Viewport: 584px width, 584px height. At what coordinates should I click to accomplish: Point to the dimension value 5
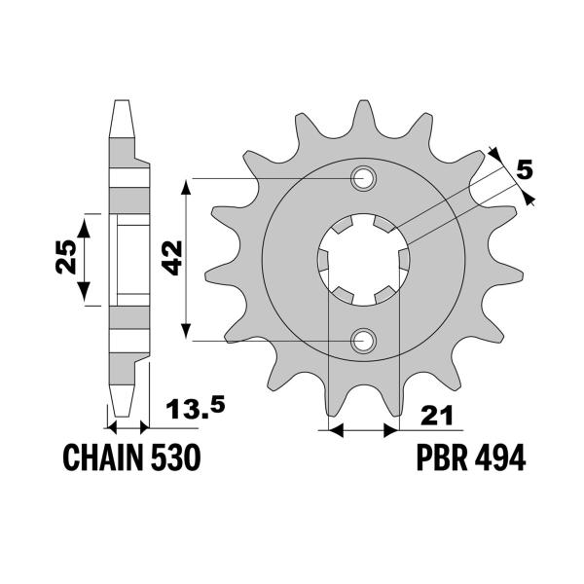(527, 169)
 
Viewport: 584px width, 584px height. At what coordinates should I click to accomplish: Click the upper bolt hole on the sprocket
(365, 178)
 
